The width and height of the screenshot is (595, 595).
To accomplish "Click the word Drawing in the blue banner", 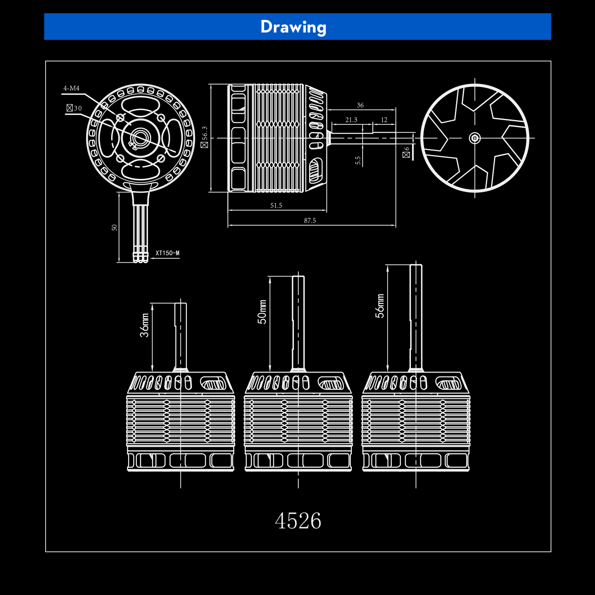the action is click(294, 27).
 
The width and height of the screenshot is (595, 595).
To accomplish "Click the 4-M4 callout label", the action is click(71, 88).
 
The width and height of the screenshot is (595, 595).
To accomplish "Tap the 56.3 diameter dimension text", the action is click(205, 137).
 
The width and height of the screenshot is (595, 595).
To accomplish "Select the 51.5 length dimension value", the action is click(276, 205).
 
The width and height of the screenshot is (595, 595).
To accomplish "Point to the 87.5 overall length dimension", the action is click(310, 220).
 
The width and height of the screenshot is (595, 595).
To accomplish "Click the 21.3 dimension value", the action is click(351, 120).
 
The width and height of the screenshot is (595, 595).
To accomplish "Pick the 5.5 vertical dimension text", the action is click(358, 160).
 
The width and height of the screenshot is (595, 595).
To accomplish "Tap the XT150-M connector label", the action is click(167, 253).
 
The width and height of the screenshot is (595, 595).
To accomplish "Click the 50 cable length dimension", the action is click(115, 228).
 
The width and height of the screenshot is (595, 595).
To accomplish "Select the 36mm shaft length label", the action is click(145, 325).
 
